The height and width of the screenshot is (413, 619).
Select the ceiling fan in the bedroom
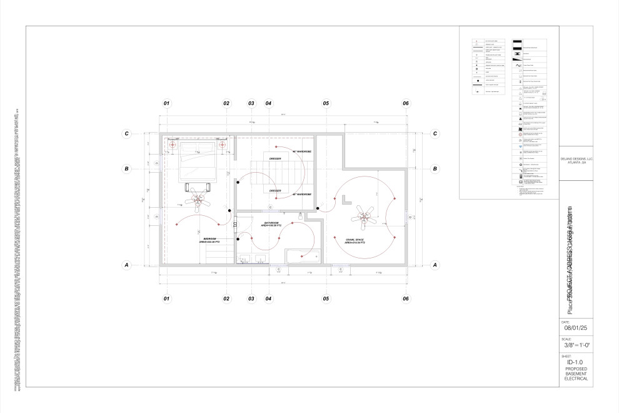(x=199, y=200)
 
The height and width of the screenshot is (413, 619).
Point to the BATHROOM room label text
(x=272, y=224)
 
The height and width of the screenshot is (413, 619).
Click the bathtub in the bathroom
(x=302, y=256)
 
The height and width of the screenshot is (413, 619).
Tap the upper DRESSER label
(x=276, y=159)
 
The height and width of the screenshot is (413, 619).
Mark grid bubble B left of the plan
(x=127, y=168)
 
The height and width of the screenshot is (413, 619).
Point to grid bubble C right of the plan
(x=435, y=133)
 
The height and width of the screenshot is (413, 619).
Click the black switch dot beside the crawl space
(x=318, y=208)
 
